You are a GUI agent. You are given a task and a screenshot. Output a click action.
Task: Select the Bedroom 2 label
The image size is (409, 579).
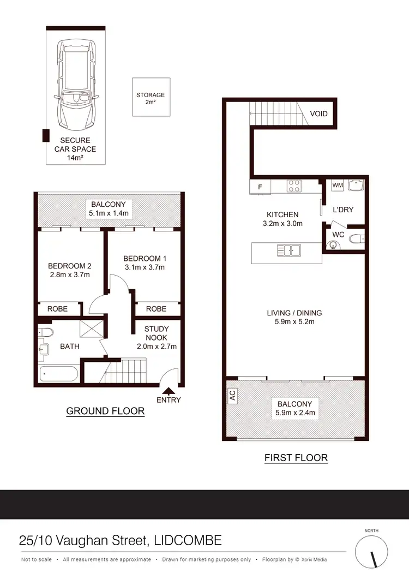tap(69, 266)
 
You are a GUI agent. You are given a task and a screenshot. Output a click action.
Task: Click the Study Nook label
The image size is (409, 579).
tap(157, 333)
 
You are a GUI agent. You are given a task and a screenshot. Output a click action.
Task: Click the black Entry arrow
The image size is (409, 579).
tap(169, 390)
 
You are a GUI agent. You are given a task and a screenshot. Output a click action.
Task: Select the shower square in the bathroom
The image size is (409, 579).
tap(89, 330)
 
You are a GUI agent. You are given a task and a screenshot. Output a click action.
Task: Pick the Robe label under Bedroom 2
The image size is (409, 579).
tap(57, 309)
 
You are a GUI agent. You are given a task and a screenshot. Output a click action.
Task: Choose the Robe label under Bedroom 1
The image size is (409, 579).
tap(156, 309)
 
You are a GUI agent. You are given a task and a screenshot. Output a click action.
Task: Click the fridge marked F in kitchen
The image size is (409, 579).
tap(260, 187)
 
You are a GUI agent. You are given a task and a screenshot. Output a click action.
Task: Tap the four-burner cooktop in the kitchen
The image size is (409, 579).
tap(294, 186)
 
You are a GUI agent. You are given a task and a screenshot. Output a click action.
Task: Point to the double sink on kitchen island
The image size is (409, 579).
tap(289, 251)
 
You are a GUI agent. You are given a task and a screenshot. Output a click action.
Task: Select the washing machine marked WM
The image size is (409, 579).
tap(338, 186)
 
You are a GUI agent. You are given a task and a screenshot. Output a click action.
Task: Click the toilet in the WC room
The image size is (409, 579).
tap(354, 238)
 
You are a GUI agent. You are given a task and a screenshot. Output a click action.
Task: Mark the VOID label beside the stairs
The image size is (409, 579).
tap(318, 114)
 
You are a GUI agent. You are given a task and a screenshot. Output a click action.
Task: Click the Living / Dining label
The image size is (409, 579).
tap(294, 313)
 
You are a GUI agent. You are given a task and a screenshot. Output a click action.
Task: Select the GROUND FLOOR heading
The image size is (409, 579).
tap(105, 411)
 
